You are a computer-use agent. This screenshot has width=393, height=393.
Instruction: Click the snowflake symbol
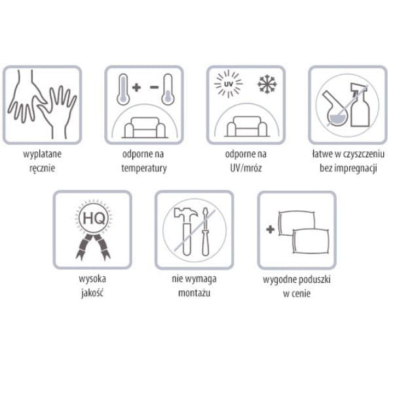(x=267, y=84)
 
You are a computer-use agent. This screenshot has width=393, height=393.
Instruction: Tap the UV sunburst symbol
(x=229, y=84)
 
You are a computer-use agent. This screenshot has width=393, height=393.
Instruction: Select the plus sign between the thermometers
(x=136, y=87)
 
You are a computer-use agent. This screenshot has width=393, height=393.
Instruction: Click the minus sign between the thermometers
(x=155, y=87)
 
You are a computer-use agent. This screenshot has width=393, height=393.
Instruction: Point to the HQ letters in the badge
(x=94, y=218)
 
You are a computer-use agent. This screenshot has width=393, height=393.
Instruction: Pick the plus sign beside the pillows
(x=270, y=229)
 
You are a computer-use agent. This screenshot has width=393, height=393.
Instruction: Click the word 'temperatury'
(x=144, y=168)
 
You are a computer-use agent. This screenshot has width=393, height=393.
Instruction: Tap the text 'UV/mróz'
(x=246, y=168)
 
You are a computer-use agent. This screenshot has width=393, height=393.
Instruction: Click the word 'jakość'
(x=92, y=293)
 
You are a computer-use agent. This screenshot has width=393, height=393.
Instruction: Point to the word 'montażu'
(x=195, y=293)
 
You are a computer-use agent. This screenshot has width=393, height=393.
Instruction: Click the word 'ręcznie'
(x=43, y=168)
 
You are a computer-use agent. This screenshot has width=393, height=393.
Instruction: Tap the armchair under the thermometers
(x=145, y=127)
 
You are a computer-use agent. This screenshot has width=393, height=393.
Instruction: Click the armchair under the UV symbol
(x=247, y=126)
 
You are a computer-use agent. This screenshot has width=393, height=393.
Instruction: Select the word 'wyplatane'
(x=43, y=154)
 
